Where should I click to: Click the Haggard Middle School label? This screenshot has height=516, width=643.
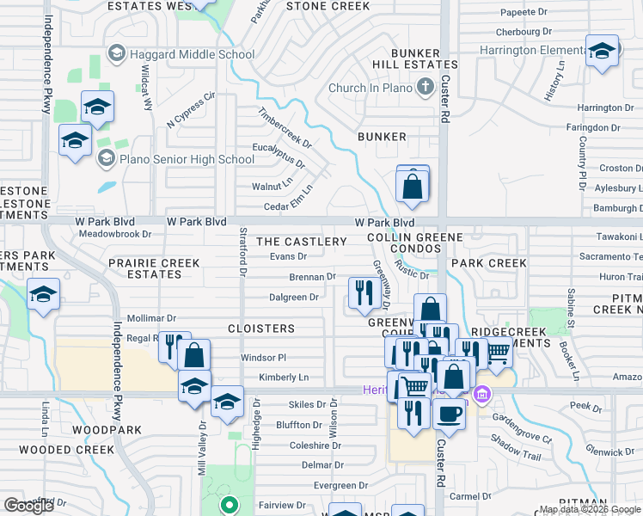coord(192,54)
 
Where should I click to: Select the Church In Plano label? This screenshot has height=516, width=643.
coord(370,88)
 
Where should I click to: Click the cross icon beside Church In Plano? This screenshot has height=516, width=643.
coord(424,87)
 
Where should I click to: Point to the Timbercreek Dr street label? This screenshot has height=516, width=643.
coord(285,126)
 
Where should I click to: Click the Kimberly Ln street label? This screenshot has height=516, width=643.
coord(284,378)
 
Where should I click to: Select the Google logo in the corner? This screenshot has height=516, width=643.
coord(29,505)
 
